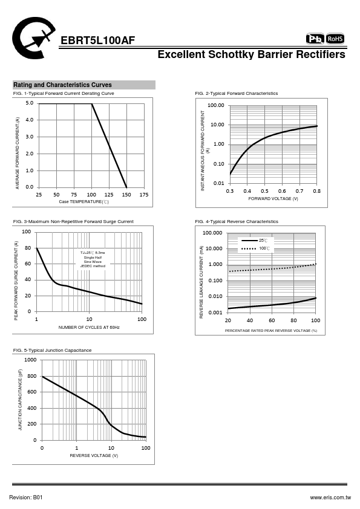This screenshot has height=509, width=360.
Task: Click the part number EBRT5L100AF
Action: (98, 41)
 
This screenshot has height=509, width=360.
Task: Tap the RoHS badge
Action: (335, 39)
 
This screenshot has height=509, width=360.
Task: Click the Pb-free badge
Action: (315, 39)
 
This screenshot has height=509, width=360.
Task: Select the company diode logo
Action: (33, 38)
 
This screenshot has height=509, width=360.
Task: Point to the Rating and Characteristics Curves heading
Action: (62, 85)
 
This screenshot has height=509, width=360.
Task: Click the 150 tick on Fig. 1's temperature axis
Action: (126, 195)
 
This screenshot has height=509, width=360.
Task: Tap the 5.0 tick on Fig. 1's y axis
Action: (29, 103)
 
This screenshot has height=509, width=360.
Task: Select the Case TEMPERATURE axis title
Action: (84, 202)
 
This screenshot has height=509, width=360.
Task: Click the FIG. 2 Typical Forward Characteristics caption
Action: (237, 94)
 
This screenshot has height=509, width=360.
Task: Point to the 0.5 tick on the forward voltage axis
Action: (265, 191)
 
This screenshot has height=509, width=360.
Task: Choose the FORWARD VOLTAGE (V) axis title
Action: (273, 199)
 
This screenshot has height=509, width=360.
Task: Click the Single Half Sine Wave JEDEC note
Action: (93, 259)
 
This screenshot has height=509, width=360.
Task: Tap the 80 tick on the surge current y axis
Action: (28, 248)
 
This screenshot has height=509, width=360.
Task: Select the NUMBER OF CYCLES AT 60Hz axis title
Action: (89, 328)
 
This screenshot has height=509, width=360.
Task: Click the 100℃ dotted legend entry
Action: (256, 248)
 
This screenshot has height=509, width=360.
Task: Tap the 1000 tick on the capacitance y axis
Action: (30, 360)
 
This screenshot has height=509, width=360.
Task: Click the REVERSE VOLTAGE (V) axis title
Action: (94, 456)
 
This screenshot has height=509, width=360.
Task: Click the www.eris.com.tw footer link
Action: (330, 498)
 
